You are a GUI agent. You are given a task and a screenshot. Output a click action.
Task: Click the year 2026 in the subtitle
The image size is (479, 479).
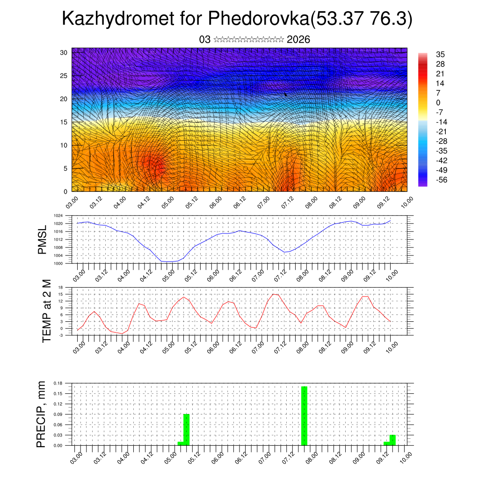point(298,40)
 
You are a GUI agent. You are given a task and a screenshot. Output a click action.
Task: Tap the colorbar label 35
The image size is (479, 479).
point(440,54)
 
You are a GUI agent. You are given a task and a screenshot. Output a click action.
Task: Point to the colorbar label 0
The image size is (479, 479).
point(438,102)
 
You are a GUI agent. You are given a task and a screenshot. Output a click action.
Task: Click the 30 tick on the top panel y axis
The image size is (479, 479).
point(64,52)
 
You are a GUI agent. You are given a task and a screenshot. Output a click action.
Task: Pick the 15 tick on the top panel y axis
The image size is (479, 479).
point(64,122)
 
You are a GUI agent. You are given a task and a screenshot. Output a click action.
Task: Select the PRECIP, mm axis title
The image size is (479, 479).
point(42,414)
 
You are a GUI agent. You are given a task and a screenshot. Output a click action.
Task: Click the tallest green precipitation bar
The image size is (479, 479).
point(304,415)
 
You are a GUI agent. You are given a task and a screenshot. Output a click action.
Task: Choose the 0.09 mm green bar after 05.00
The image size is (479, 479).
point(186,429)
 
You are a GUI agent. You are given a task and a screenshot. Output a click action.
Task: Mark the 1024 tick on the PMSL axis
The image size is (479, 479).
point(58,216)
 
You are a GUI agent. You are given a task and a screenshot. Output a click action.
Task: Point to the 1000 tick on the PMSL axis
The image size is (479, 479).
point(58,263)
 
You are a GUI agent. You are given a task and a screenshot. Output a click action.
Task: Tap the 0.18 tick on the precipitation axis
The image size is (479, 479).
point(58,383)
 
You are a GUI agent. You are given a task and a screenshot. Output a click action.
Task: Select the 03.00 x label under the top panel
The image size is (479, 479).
point(71,203)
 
